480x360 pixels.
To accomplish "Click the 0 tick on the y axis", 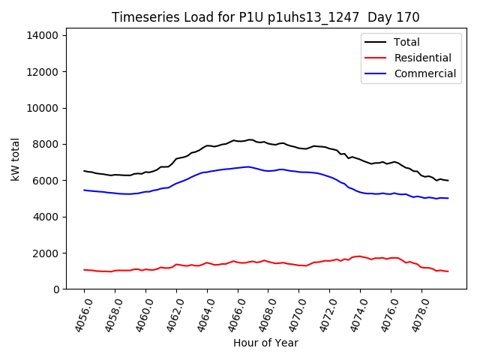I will click(x=56, y=289).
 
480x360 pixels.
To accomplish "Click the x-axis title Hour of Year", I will click(x=265, y=343).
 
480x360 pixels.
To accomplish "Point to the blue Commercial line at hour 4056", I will click(x=84, y=190).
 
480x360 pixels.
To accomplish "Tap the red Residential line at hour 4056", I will click(x=84, y=270).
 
